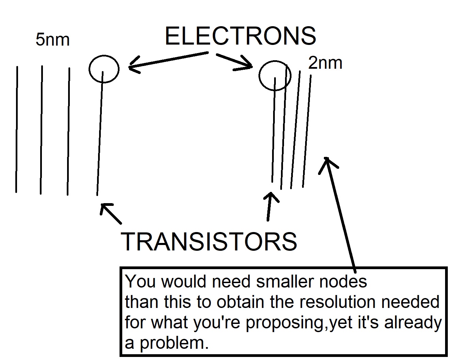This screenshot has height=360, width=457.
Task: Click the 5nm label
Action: click(52, 40)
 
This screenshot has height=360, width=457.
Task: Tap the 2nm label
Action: click(325, 63)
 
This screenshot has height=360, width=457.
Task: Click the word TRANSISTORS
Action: click(209, 242)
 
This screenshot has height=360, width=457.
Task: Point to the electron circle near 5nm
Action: click(104, 68)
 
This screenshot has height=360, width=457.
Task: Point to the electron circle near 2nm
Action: click(275, 76)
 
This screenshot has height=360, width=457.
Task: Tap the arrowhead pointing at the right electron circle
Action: click(248, 66)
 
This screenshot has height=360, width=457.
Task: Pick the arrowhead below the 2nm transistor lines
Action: click(271, 196)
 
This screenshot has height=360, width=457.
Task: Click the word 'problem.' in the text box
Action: click(174, 343)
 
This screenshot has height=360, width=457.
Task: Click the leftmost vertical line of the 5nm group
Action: click(16, 129)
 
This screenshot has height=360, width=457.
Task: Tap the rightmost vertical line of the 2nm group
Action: click(306, 131)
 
